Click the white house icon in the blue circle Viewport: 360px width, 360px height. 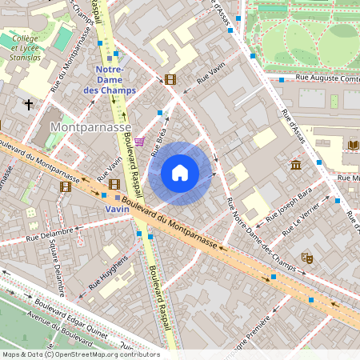pyautogui.click(x=180, y=173)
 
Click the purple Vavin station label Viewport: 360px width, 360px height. pyautogui.click(x=117, y=208)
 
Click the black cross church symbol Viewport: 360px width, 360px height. pyautogui.click(x=29, y=105)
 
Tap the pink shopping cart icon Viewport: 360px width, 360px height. pyautogui.click(x=140, y=142)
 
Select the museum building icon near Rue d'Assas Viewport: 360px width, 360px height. pyautogui.click(x=296, y=165)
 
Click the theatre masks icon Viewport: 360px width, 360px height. pyautogui.click(x=306, y=258)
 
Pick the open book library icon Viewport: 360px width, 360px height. pyautogui.click(x=354, y=144)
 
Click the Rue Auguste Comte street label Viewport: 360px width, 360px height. pyautogui.click(x=324, y=78)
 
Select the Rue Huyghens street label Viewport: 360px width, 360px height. pyautogui.click(x=109, y=272)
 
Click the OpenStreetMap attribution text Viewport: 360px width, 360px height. pyautogui.click(x=80, y=354)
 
